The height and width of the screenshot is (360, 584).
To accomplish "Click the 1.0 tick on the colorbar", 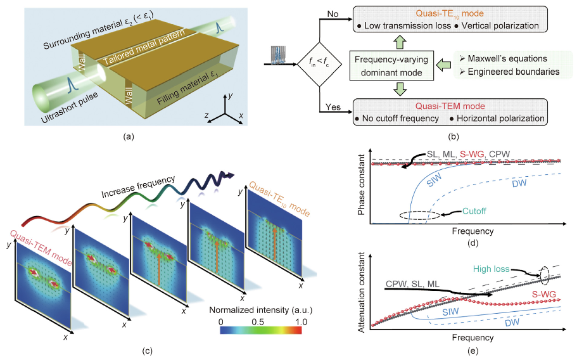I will [x=301, y=322].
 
